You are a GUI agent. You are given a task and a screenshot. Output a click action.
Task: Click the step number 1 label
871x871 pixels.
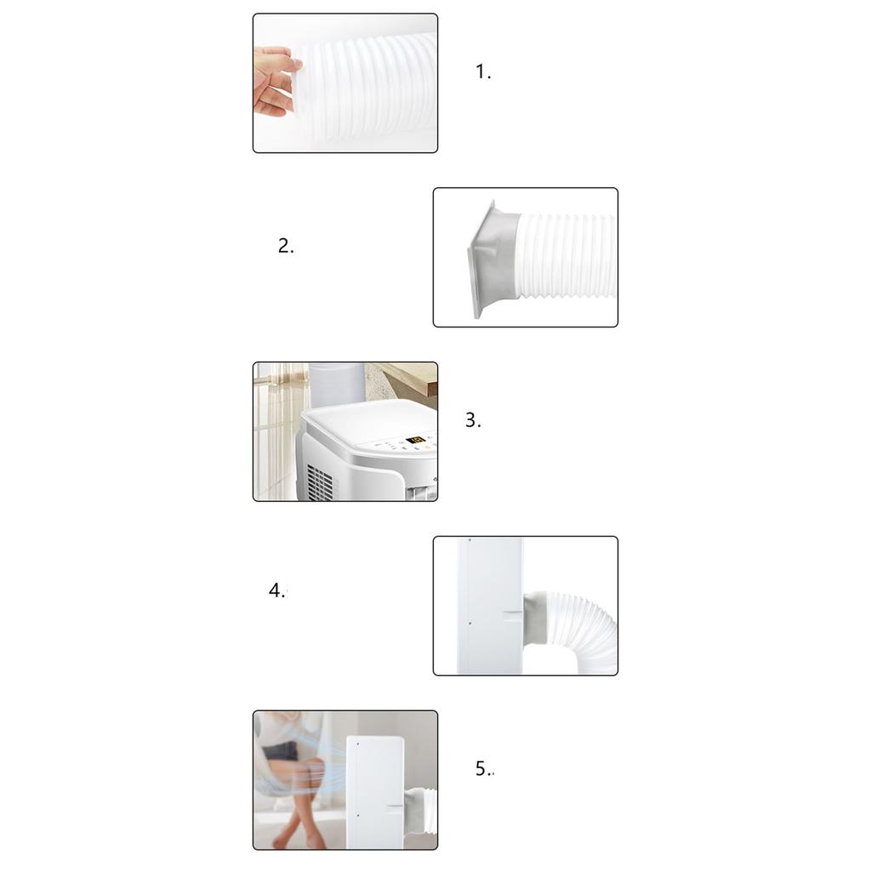[x=482, y=72]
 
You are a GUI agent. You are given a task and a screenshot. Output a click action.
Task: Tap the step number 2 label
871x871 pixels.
[x=286, y=247]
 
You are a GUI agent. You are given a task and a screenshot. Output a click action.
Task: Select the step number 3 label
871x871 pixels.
[x=472, y=420]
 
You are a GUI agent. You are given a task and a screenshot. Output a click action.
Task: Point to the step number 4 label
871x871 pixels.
[x=277, y=591]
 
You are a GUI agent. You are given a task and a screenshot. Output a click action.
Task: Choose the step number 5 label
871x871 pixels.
[x=483, y=769]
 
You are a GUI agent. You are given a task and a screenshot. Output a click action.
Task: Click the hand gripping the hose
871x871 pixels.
[x=274, y=81]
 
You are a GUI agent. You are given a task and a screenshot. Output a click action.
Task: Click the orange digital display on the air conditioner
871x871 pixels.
[x=416, y=441]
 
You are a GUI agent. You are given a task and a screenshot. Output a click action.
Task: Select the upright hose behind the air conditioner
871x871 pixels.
[x=336, y=383]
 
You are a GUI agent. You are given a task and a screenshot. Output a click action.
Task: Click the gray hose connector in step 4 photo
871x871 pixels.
[x=533, y=618]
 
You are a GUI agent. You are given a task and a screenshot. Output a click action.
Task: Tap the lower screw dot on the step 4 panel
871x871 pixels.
[x=469, y=623]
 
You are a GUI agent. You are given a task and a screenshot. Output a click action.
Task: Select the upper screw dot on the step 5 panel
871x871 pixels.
[x=358, y=743]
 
